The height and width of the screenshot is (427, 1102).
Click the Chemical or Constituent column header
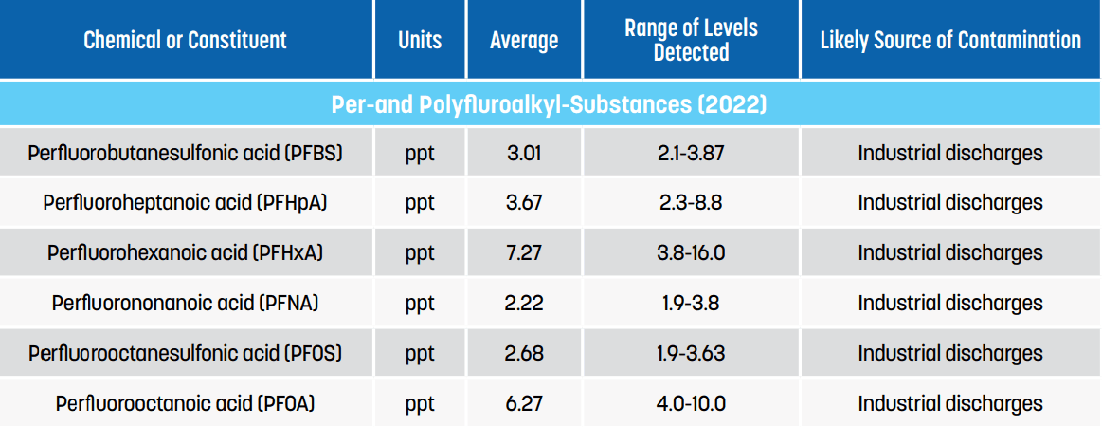point(185,40)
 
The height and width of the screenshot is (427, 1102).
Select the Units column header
point(420,40)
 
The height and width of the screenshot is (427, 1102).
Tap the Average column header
point(524,40)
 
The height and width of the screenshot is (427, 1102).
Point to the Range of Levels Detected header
point(691,40)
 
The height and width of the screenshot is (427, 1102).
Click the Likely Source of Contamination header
point(950,40)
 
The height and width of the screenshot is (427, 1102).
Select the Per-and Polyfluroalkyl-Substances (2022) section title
point(549,104)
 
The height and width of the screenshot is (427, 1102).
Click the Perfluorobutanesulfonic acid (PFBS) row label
point(185,153)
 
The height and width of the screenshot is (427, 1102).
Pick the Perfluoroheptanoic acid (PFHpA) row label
point(185,203)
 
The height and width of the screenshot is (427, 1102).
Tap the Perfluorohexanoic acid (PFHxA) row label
point(185,253)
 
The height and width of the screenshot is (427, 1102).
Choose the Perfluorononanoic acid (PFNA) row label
point(185,304)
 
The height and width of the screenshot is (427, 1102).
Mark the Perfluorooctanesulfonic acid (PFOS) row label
point(185,354)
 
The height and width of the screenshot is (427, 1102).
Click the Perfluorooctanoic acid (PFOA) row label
point(185,404)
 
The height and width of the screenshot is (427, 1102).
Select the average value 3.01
point(524,153)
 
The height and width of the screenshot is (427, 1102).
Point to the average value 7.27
point(524,253)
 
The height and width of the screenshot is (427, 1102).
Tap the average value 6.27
point(524,404)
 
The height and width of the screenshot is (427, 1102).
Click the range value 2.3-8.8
point(691,203)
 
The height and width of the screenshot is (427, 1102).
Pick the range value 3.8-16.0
point(691,253)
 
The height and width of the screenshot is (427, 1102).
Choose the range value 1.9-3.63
point(691,354)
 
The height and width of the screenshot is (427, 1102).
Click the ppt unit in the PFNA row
point(420,304)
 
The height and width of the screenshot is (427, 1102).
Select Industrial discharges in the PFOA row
point(950,404)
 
